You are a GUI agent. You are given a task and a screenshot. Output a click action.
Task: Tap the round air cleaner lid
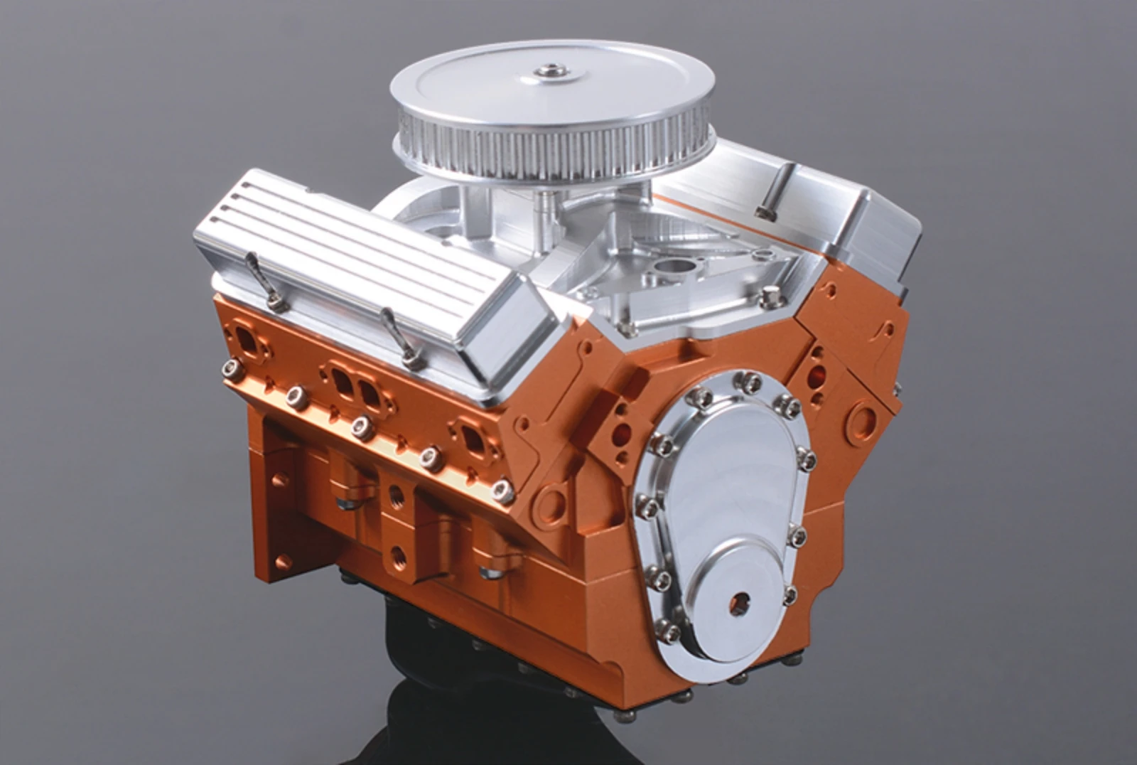click(x=497, y=92)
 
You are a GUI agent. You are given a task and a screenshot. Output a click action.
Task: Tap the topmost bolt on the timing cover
click(x=747, y=382)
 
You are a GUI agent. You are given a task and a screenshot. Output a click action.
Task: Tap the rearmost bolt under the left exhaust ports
click(x=232, y=368)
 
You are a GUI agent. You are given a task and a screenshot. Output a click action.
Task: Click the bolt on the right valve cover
click(x=763, y=212)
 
